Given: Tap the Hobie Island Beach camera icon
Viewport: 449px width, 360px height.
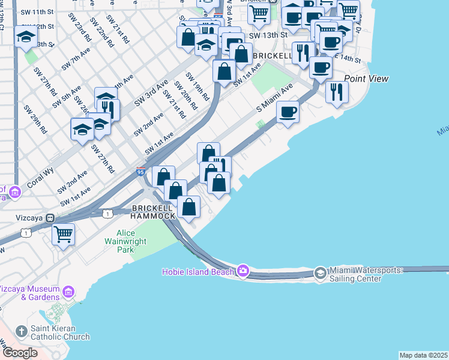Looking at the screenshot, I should click(x=243, y=271).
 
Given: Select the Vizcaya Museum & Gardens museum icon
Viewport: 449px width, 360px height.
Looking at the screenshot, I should click(x=68, y=292).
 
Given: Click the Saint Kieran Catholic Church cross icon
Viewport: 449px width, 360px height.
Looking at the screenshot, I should click(x=22, y=331).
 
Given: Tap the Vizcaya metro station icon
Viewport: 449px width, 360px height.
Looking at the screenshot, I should click(x=51, y=218).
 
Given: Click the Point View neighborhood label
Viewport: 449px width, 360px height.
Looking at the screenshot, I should click(x=366, y=79).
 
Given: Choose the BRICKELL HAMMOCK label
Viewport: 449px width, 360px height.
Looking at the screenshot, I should click(x=154, y=211).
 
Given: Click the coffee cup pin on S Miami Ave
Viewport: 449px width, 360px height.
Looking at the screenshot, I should click(x=288, y=112).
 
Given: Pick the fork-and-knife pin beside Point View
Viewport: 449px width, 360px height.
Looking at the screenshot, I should click(x=337, y=92).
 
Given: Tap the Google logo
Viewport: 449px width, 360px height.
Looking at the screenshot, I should click(x=20, y=353).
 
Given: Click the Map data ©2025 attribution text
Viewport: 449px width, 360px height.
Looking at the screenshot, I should click(x=424, y=355).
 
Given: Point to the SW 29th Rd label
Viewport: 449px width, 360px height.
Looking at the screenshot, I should click(x=35, y=118).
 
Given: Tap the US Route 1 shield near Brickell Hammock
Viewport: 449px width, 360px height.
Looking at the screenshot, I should click(x=107, y=214).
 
